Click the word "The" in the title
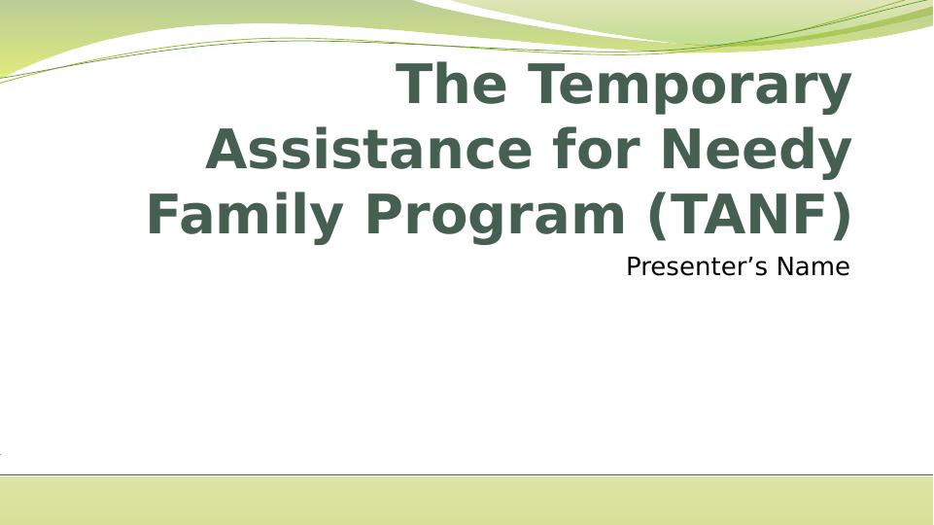pos(452,85)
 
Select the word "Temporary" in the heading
pos(690,85)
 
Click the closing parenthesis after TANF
pos(841,215)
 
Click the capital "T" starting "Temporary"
pos(550,85)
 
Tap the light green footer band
pos(467,501)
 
